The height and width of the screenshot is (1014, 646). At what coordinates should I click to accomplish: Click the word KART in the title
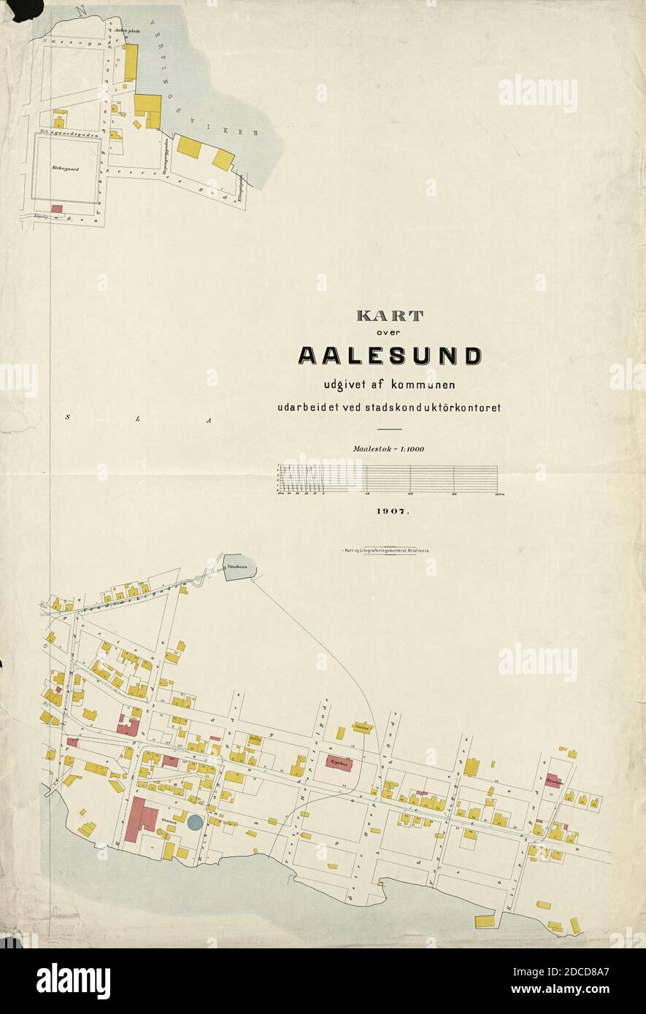point(389,317)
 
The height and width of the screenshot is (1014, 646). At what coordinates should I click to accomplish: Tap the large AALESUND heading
point(390,356)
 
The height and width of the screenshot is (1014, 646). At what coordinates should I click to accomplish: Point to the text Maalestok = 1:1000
point(389,449)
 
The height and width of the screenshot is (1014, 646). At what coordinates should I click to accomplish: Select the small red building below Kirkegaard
point(57,209)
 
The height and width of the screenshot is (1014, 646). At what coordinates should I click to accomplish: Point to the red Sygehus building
point(339,763)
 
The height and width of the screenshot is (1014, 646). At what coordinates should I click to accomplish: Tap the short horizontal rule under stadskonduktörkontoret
point(390,429)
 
